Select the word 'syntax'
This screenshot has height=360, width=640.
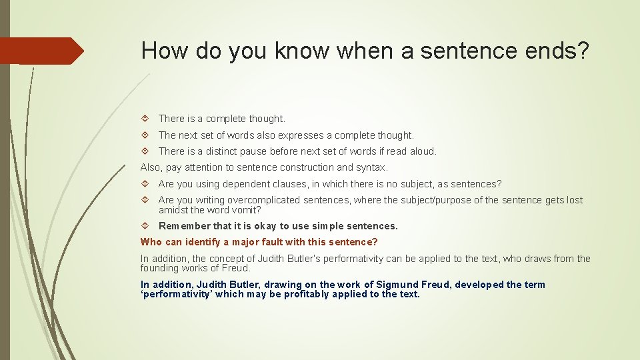click(x=371, y=167)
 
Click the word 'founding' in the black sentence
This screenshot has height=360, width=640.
click(x=159, y=268)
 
